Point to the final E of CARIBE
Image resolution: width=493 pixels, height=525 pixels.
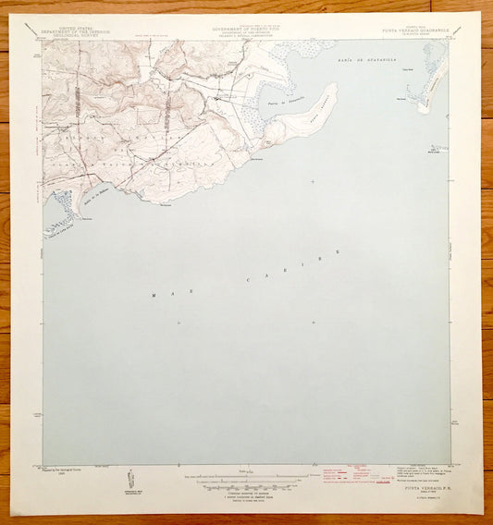click(x=339, y=251)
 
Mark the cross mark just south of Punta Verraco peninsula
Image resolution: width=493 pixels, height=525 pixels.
click(x=313, y=181)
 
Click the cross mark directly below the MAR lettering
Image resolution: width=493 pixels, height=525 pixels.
click(x=178, y=323)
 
